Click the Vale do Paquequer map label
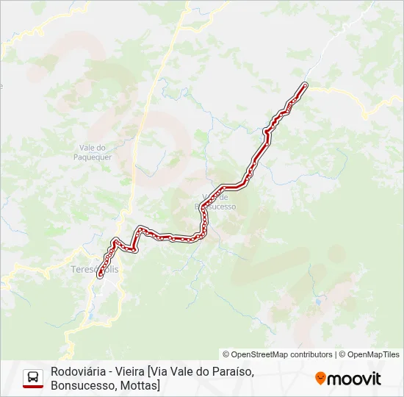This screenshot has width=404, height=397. click(93, 151)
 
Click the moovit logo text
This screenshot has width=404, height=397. click(355, 379)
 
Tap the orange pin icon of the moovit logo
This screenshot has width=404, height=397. click(320, 379)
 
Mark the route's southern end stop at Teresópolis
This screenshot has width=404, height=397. click(99, 277)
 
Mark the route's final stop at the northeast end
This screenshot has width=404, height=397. click(304, 85)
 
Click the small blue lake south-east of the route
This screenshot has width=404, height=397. click(317, 301)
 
